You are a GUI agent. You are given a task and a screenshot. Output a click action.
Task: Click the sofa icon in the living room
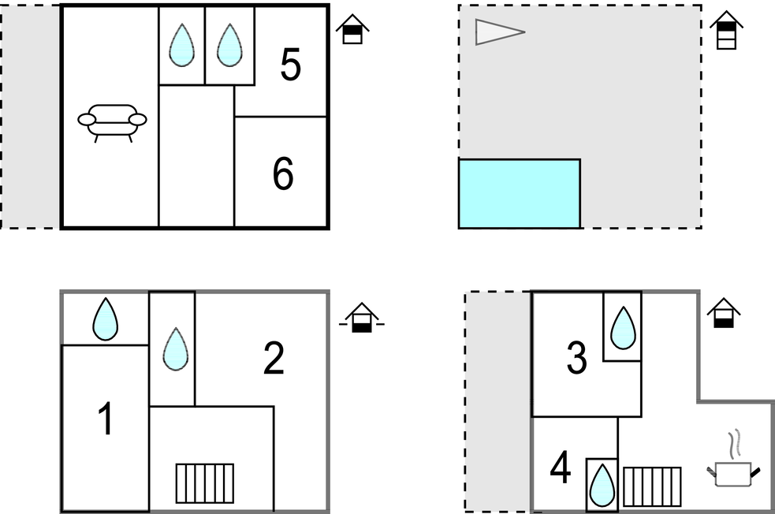(x=112, y=121)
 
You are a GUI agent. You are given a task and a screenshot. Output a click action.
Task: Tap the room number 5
(x=290, y=65)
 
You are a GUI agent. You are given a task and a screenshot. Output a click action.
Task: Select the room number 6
(x=283, y=174)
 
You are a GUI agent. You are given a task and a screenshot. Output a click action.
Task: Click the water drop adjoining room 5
(x=229, y=46)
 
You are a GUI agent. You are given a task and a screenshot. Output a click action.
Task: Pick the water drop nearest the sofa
(x=182, y=46)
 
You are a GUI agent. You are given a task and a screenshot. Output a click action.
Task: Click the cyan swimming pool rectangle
(x=520, y=194)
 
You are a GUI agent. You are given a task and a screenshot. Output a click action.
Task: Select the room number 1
(x=105, y=419)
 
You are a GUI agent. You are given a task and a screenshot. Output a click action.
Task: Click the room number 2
(x=273, y=359)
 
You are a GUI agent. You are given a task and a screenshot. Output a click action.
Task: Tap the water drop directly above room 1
(x=105, y=319)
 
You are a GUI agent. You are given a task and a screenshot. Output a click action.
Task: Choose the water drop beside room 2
(x=174, y=348)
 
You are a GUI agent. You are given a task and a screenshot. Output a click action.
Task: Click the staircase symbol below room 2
(x=204, y=482)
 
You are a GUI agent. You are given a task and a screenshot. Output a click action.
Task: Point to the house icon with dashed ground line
(x=362, y=317)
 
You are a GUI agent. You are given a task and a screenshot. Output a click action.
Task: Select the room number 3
(x=577, y=359)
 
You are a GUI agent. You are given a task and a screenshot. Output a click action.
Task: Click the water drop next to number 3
(x=623, y=327)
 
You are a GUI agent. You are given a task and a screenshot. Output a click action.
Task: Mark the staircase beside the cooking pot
(x=652, y=486)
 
